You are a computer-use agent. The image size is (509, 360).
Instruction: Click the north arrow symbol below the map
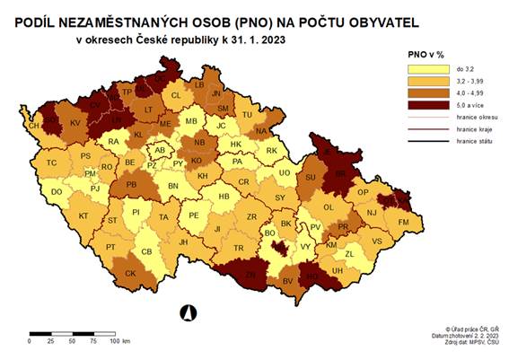[189, 312]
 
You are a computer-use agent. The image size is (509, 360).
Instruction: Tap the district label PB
[131, 186]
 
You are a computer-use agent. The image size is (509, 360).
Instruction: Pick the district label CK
[131, 274]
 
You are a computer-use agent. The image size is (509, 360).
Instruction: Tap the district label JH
[183, 241]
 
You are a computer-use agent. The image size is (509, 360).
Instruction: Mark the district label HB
[224, 197]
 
